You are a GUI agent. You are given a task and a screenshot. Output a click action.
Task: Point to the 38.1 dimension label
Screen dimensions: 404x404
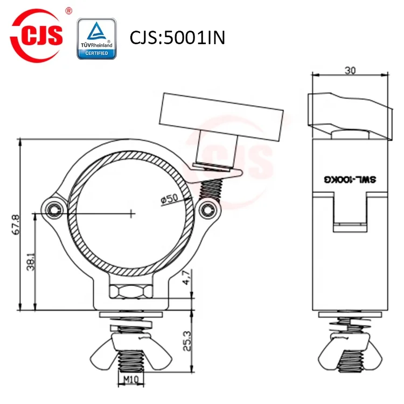pos(30,262)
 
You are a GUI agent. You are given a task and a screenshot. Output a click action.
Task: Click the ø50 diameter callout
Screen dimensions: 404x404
pos(169,198)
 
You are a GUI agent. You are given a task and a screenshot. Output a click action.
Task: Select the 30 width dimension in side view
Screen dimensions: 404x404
pos(350,70)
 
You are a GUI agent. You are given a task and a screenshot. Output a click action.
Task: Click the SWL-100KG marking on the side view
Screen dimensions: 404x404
pos(351,184)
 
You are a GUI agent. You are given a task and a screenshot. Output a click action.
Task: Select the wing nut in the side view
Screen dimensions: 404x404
pos(350,353)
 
